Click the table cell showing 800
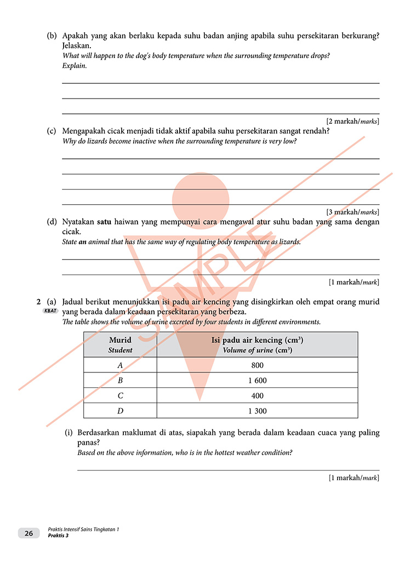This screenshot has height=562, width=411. [257, 365]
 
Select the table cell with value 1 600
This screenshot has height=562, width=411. [257, 381]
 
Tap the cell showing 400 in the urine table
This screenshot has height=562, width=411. [257, 395]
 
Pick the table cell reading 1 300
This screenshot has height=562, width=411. [257, 411]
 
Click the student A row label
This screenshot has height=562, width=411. [120, 365]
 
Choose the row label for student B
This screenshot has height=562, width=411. [120, 381]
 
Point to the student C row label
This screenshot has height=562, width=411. [120, 395]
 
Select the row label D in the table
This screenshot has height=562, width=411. [120, 411]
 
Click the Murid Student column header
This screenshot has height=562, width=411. [120, 345]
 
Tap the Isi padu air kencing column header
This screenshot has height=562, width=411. [257, 345]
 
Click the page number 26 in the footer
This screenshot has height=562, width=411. [28, 533]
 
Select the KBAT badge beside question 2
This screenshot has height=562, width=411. [50, 311]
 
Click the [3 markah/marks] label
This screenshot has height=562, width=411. [352, 212]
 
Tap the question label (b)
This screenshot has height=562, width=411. [52, 36]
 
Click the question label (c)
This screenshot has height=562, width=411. [52, 131]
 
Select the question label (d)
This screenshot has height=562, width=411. [52, 222]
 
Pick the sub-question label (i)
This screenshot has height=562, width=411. [69, 433]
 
